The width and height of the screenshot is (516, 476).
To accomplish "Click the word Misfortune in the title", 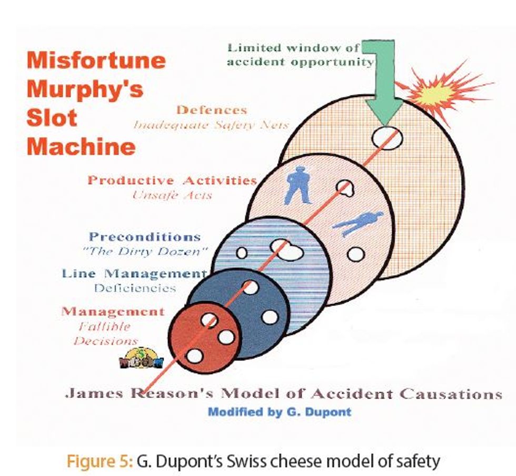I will click(x=96, y=60).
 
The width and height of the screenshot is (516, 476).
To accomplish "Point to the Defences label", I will click(x=212, y=110).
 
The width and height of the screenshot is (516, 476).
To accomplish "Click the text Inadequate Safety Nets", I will click(x=211, y=125).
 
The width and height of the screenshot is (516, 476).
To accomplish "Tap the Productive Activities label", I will click(x=172, y=180).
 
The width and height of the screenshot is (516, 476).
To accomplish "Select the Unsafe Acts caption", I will click(x=172, y=195).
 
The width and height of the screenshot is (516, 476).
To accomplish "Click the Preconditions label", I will click(x=144, y=236).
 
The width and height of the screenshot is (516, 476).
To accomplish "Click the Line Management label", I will click(x=134, y=274).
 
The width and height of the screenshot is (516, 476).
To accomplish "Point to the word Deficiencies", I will click(x=135, y=288).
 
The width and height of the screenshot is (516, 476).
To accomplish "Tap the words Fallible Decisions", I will click(x=105, y=333).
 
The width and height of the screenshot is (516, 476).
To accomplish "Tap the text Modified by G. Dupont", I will click(x=279, y=412).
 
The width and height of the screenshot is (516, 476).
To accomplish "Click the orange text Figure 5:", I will click(x=99, y=461).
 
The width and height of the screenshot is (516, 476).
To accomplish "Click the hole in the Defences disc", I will click(x=387, y=138).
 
